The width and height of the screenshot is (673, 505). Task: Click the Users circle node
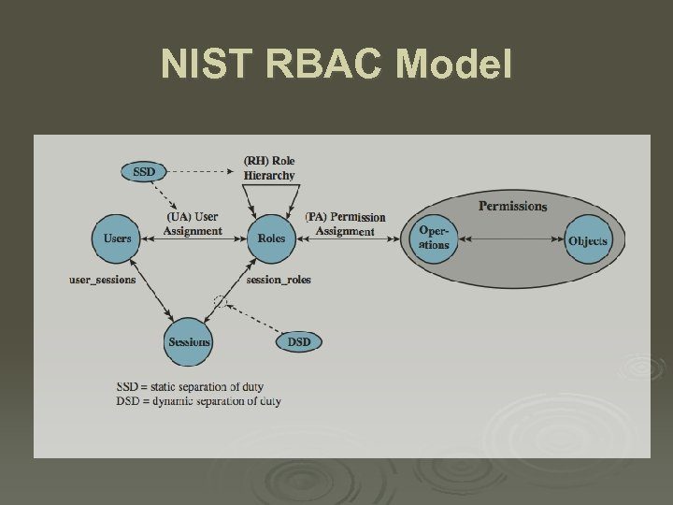point(117,238)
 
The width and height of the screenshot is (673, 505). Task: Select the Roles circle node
point(271,238)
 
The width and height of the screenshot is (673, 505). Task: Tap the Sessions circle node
point(189,342)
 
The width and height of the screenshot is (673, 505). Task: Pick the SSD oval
point(145,172)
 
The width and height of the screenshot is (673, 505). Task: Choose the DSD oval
point(299,342)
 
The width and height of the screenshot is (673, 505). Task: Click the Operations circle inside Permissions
point(435,238)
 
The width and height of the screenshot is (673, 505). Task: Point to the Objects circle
point(588,240)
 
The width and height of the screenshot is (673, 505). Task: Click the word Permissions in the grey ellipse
point(513,206)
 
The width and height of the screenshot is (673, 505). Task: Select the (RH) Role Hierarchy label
point(269,168)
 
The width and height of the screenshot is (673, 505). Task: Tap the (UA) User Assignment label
point(193,224)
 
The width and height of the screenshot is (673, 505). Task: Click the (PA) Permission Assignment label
point(345,224)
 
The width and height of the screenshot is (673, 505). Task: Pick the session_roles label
point(279,280)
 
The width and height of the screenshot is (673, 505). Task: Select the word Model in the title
point(454,65)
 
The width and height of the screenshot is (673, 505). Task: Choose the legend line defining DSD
point(211,401)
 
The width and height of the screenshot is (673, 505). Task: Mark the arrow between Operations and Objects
point(513,239)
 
